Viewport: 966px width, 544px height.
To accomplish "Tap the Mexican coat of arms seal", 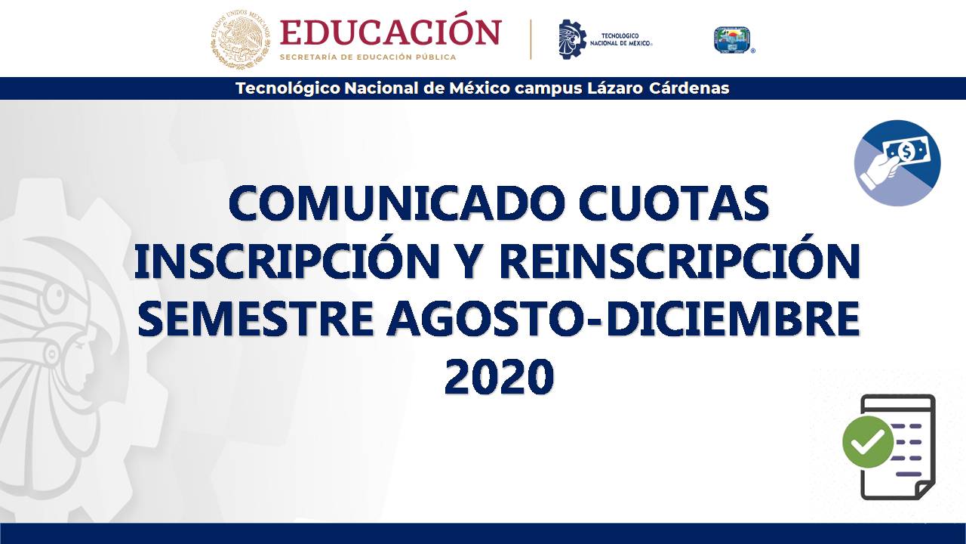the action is pos(240,40).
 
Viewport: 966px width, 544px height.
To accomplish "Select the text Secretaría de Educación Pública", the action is pos(368,57).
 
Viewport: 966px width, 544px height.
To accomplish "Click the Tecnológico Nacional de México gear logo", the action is pos(572,39).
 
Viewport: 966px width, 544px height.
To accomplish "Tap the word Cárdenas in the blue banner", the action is pos(689,88).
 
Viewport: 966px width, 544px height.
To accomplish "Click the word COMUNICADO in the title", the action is pos(397,202).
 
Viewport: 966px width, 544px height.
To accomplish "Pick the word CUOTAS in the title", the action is pos(674,202).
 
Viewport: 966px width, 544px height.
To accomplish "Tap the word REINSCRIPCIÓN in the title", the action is pos(680,261).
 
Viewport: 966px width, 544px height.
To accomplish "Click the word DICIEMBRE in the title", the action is pos(733,318).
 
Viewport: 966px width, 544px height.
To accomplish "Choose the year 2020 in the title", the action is pos(499,376).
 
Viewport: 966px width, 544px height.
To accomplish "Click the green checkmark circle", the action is pos(868,442).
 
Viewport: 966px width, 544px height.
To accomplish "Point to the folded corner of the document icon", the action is pos(924,490).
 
